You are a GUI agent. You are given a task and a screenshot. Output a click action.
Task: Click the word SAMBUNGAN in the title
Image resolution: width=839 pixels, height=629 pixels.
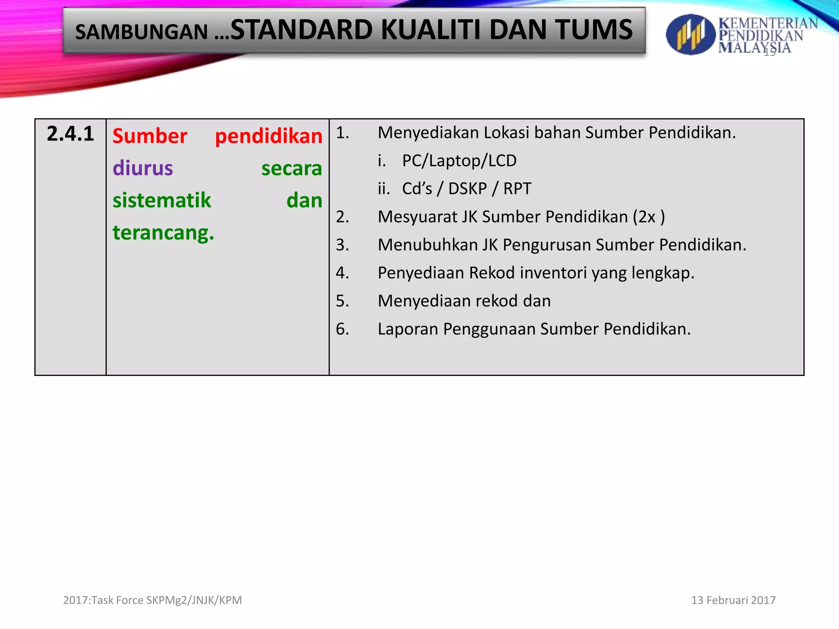click(x=141, y=32)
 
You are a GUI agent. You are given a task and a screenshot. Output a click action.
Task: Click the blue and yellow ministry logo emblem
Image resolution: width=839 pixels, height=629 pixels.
click(x=690, y=34)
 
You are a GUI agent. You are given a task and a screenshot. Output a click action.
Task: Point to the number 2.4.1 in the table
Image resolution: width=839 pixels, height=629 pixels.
click(x=70, y=134)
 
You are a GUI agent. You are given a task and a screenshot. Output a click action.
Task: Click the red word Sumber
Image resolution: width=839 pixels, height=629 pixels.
click(x=150, y=136)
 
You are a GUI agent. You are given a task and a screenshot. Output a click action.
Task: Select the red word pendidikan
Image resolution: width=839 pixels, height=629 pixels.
click(x=269, y=136)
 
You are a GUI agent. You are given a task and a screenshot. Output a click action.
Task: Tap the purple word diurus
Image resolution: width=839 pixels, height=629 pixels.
click(x=143, y=168)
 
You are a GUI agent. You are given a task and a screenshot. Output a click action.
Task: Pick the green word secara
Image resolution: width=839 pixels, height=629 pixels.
click(x=292, y=168)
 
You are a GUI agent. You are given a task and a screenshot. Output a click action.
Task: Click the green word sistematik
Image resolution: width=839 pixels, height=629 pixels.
click(x=162, y=201)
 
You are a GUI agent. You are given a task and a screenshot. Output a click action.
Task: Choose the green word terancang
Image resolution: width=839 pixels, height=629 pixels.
click(x=163, y=233)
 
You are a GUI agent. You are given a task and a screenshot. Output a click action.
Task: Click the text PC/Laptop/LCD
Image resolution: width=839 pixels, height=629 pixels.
click(x=459, y=161)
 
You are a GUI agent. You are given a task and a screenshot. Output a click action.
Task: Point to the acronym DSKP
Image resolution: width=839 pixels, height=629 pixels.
click(x=467, y=189)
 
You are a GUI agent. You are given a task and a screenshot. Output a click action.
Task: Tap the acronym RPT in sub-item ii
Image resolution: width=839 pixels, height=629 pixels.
click(x=517, y=189)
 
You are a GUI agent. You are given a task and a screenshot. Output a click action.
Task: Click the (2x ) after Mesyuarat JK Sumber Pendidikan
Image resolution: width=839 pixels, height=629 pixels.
click(x=649, y=217)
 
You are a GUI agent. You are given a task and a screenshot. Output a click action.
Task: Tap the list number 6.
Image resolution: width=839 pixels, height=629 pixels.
click(x=342, y=329)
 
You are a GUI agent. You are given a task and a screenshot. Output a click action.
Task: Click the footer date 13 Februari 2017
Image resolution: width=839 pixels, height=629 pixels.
click(x=733, y=600)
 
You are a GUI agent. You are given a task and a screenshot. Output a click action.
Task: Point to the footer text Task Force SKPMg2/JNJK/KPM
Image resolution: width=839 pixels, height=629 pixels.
click(x=166, y=600)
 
